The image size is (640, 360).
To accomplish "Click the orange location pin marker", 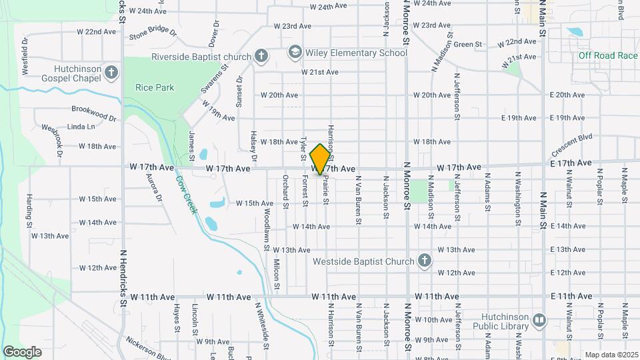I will pyautogui.click(x=321, y=159).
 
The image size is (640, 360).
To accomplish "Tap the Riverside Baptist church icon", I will pyautogui.click(x=261, y=56).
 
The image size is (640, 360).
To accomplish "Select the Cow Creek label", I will pyautogui.click(x=187, y=194).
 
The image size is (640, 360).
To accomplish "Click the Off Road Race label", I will pyautogui.click(x=608, y=55).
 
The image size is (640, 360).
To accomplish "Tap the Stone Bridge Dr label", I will pyautogui.click(x=153, y=33).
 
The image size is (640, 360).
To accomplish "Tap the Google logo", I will pyautogui.click(x=22, y=351).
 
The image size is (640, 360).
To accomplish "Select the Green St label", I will pyautogui.click(x=468, y=45).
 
